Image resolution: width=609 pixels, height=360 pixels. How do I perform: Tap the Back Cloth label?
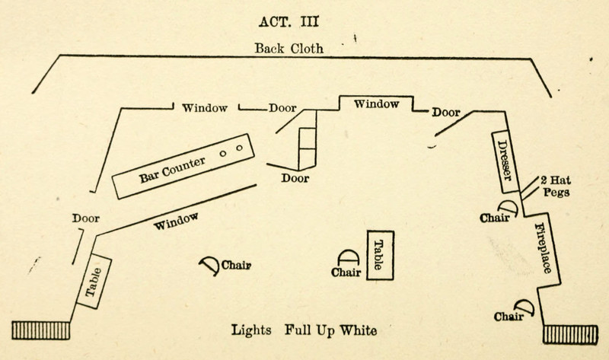point(289,49)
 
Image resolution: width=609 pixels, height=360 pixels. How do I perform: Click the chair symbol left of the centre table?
point(347,259)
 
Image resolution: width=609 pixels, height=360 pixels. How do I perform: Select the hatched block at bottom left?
point(42,330)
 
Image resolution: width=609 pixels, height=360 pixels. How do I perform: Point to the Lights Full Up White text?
point(304,331)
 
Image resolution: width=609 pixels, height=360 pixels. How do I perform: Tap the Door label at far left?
point(87,218)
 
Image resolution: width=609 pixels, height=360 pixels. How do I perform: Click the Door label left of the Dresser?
point(446,112)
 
